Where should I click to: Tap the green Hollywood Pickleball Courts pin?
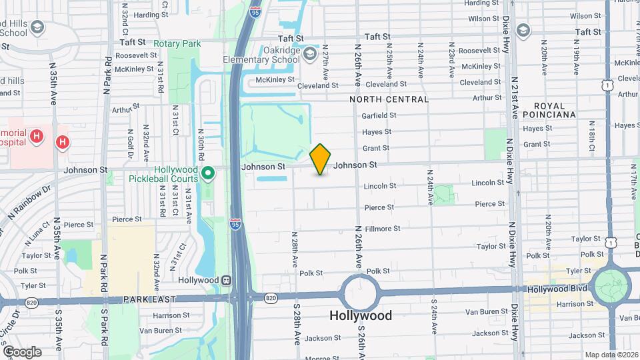click(208, 174)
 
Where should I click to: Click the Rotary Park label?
click(177, 43)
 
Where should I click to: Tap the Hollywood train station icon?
click(227, 280)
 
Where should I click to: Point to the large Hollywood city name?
click(361, 315)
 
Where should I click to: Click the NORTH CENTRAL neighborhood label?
click(389, 99)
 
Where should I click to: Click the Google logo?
click(22, 351)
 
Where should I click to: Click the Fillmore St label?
click(382, 228)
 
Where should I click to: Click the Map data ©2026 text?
click(611, 354)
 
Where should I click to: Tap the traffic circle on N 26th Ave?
click(361, 292)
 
